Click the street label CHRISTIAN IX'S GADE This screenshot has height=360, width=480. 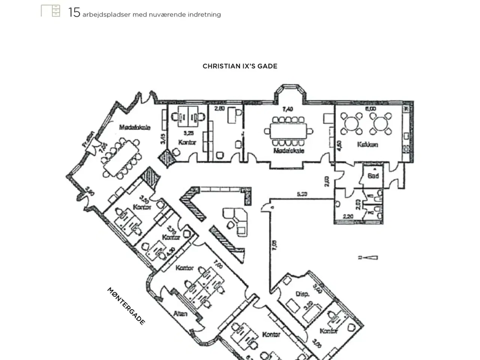240,66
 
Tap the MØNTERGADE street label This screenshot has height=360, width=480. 126,306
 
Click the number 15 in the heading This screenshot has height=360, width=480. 74,12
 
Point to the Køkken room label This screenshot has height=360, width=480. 367,144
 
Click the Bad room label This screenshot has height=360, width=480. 373,175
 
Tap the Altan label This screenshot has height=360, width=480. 180,313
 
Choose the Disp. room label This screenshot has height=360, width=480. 302,294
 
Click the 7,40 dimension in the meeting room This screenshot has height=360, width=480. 288,109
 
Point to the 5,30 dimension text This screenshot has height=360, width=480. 302,194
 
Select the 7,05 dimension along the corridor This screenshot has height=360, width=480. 274,245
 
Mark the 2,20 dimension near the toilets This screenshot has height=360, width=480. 348,216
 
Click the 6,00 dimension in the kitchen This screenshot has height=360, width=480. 370,109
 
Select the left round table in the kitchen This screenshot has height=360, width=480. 351,123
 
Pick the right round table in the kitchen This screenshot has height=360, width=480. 380,123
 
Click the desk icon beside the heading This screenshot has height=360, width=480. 51,11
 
